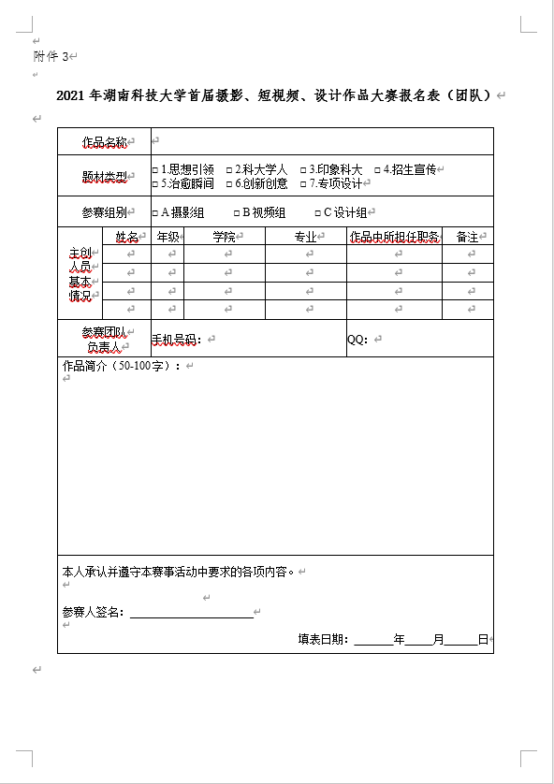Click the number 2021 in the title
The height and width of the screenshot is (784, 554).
71,95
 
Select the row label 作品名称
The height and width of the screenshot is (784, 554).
103,142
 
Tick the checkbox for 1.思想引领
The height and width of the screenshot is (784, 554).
155,170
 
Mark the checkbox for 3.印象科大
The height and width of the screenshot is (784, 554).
303,170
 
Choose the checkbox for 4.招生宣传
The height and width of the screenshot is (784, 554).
377,170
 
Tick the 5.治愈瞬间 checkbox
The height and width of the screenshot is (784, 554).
155,184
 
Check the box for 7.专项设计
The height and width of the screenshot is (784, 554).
303,184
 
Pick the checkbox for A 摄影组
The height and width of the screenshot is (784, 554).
155,213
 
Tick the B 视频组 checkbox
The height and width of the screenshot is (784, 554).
236,213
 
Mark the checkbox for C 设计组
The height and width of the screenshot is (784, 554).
316,213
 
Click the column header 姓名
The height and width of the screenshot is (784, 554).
126,238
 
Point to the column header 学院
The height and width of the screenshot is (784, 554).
224,238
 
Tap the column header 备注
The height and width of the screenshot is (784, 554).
466,238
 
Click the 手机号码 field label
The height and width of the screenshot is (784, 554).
176,340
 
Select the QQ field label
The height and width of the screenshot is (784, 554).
357,340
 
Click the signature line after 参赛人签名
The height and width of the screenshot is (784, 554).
192,614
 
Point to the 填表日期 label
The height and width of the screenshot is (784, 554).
323,640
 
